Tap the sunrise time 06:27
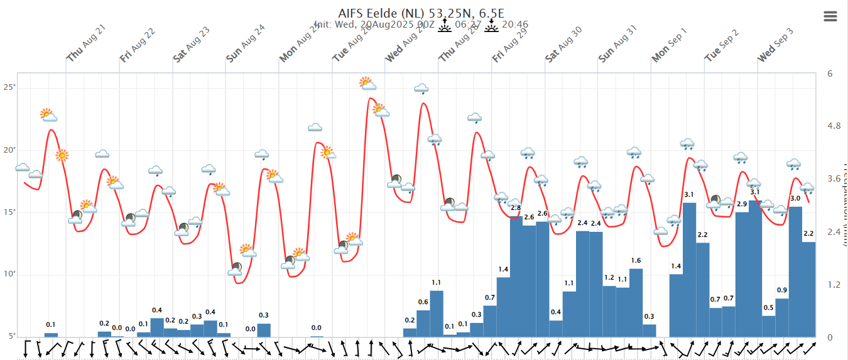tap(468, 25)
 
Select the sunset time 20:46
tap(514, 25)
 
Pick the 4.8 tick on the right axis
tap(834, 126)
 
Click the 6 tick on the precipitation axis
tap(830, 74)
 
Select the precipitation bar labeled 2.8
tap(516, 276)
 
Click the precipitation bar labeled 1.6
tap(636, 302)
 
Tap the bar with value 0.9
tap(782, 317)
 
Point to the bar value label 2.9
tap(742, 204)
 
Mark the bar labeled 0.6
tap(423, 323)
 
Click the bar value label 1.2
tap(609, 278)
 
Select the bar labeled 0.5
tap(769, 325)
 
